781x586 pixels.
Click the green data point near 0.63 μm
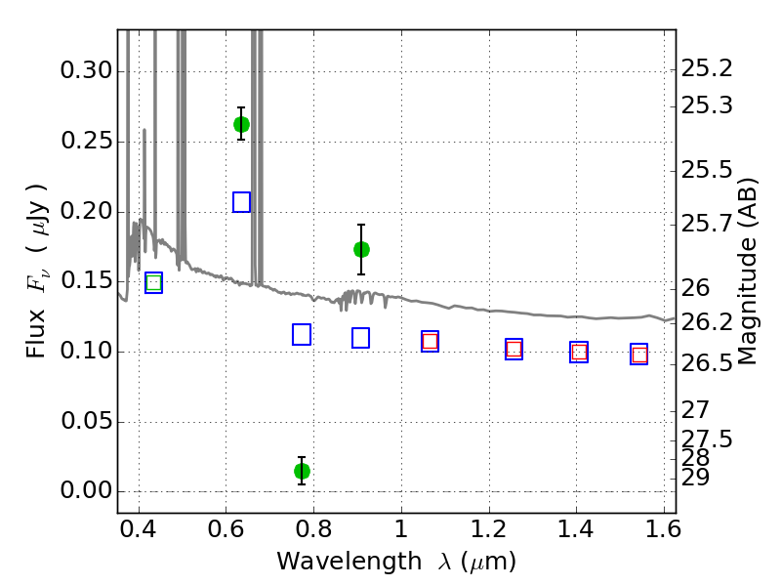click(241, 124)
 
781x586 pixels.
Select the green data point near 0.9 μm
click(361, 249)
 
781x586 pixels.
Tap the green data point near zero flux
click(302, 471)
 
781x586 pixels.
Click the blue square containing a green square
click(154, 283)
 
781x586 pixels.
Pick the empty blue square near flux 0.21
click(241, 202)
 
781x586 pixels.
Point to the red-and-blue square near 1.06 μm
click(430, 341)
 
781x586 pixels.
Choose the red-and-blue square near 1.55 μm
click(639, 355)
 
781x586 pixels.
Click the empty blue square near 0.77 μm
click(302, 334)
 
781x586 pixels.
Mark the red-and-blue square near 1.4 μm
click(579, 353)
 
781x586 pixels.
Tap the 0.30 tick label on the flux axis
click(87, 70)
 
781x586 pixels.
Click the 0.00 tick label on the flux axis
click(87, 491)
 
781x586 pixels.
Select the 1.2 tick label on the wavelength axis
click(489, 529)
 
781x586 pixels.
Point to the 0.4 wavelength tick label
click(139, 529)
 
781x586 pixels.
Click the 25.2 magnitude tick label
click(707, 68)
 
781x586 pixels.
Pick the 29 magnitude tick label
click(695, 478)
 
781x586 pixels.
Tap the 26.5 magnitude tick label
click(707, 363)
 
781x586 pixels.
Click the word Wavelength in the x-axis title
click(349, 562)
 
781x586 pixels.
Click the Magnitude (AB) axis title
click(747, 272)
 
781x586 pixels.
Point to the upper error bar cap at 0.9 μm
click(361, 225)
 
